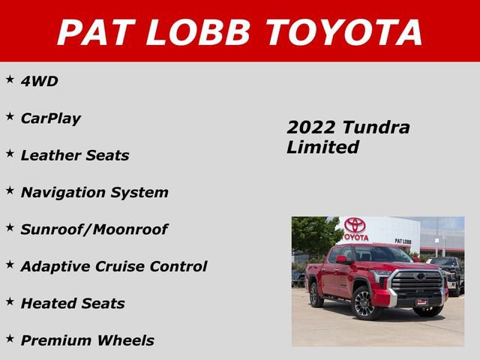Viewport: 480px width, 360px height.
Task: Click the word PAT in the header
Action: coord(94,32)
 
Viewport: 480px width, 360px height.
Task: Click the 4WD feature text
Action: coord(39,81)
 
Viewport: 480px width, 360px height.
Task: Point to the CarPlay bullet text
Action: coord(50,118)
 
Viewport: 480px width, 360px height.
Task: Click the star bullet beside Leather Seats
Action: coord(10,153)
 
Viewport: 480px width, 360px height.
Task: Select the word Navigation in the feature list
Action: coord(64,192)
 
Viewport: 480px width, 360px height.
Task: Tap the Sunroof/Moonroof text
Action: coord(94,229)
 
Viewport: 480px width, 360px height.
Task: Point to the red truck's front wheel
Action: coord(365,305)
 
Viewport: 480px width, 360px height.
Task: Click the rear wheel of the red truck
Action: coord(316,295)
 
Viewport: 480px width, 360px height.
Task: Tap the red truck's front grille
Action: coord(418,283)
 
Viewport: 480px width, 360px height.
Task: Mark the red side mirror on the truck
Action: coord(342,259)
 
